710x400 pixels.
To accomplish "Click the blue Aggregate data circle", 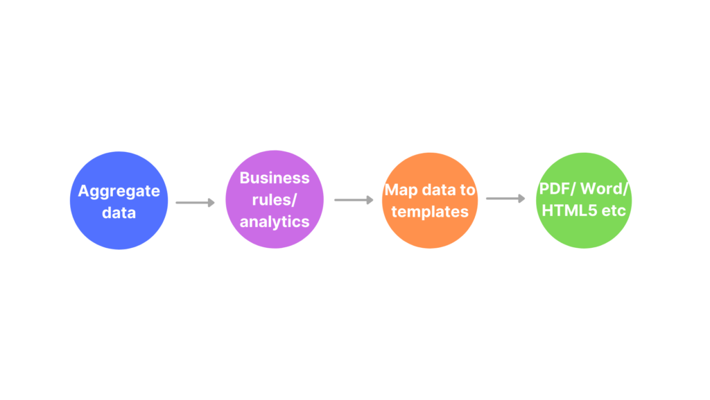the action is point(119,201).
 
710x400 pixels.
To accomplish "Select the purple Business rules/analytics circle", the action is point(275,199).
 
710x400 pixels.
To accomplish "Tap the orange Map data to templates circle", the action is point(430,201).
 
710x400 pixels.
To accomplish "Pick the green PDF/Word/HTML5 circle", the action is point(584,201).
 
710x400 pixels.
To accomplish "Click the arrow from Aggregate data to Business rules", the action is point(195,202).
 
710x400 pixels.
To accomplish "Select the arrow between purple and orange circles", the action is point(354,200).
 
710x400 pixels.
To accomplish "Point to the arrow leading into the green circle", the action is point(505,199).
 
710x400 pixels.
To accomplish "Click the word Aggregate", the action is point(119,192).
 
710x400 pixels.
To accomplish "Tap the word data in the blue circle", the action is point(119,212).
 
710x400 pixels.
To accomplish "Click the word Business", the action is point(275,178).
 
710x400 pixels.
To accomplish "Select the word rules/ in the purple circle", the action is point(275,199).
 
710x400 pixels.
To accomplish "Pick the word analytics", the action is point(275,222).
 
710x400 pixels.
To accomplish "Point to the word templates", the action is point(430,211).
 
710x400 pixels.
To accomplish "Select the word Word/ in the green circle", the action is point(605,189).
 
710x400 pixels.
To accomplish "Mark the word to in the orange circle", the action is point(467,190).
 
